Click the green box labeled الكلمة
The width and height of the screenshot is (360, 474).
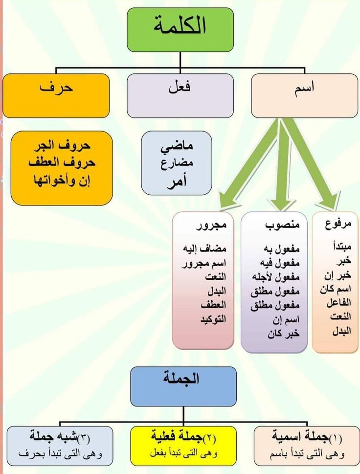[180, 30]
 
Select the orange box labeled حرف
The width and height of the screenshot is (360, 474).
[56, 95]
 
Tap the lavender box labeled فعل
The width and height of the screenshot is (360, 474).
[180, 95]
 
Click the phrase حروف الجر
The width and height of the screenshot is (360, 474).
[62, 145]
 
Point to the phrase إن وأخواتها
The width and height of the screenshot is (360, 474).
[62, 181]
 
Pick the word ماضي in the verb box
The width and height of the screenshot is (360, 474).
[177, 147]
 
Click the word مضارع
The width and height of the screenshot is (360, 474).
[177, 163]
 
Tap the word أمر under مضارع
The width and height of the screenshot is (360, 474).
[177, 181]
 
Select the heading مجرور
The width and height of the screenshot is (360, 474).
[212, 226]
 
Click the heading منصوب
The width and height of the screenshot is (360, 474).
[283, 226]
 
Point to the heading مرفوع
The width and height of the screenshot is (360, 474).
[338, 225]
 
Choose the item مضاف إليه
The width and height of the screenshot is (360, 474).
[204, 248]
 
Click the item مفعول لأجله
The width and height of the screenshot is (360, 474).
[276, 277]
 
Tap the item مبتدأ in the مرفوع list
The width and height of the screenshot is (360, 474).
[342, 247]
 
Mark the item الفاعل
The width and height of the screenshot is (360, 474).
[339, 303]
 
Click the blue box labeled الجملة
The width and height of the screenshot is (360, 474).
[183, 386]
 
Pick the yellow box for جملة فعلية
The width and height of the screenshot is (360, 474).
[183, 446]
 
